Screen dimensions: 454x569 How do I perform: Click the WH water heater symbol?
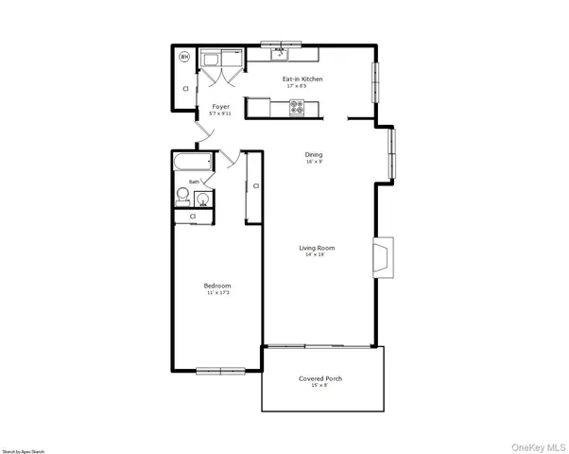(x=185, y=57)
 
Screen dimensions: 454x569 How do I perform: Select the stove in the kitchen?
(x=297, y=108)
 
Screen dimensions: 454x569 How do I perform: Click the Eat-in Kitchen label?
(x=302, y=79)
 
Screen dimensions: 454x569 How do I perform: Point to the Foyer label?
(x=220, y=107)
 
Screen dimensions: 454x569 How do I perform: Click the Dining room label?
(x=314, y=154)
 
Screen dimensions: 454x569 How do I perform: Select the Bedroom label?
(x=217, y=286)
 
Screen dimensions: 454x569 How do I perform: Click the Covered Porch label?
(x=320, y=378)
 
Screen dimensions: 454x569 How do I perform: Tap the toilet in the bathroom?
(x=184, y=196)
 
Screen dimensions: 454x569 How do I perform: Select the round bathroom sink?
(x=202, y=200)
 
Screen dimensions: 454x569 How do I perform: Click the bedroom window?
(x=221, y=369)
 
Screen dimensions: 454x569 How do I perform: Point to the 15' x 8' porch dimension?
(x=320, y=386)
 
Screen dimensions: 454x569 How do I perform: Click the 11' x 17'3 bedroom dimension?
(x=217, y=293)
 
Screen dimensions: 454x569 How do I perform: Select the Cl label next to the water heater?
(x=185, y=88)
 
